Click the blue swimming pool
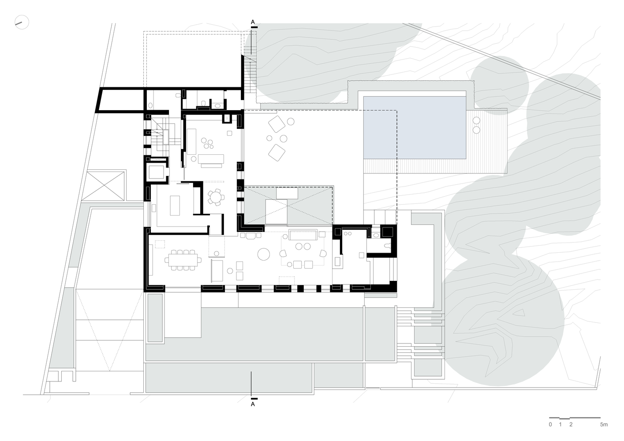tap(415, 128)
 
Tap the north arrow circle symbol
tap(21, 22)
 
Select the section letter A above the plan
tap(253, 22)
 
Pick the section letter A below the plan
tap(253, 404)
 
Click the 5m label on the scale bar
tap(604, 425)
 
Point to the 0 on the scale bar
tap(550, 425)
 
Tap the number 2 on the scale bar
tap(571, 425)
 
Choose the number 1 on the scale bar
tap(560, 425)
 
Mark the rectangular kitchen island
tap(175, 206)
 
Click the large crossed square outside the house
tap(106, 185)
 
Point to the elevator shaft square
tap(156, 172)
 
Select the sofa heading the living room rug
tap(303, 235)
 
